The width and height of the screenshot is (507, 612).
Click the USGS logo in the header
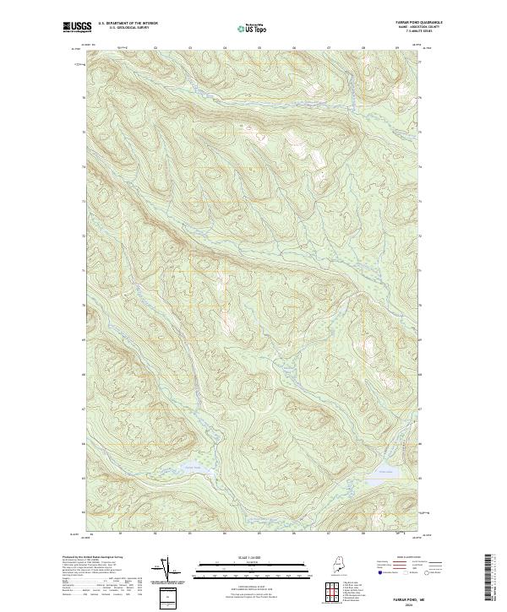pyautogui.click(x=77, y=26)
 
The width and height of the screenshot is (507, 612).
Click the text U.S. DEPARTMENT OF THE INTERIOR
pyautogui.click(x=128, y=23)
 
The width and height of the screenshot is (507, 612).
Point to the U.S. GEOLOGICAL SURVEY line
pyautogui.click(x=128, y=27)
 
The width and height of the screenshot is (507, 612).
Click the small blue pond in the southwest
pyautogui.click(x=192, y=467)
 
